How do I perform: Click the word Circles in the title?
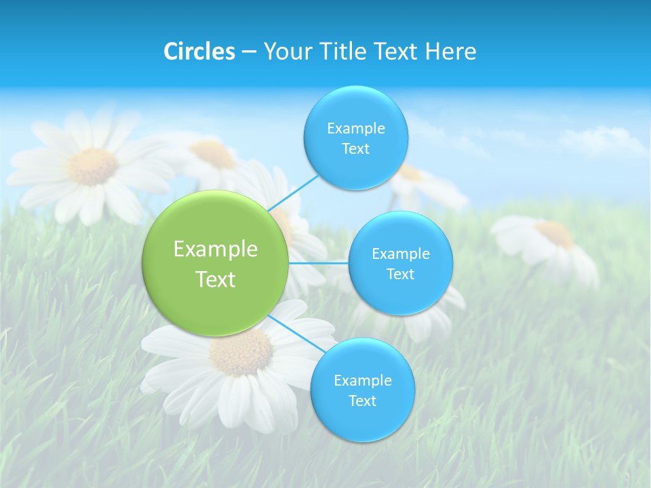pos(199,52)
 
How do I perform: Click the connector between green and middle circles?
pos(319,263)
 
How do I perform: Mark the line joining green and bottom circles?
pos(293,333)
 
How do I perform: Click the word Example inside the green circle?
pos(216,249)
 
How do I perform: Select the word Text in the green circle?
pos(216,279)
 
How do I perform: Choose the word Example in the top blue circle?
pos(355,129)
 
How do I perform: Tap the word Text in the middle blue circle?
pos(400,274)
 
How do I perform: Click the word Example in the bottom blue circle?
pos(362,381)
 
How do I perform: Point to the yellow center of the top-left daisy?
pos(93,166)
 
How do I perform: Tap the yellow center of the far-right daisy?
pos(556,234)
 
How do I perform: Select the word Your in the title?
pos(285,52)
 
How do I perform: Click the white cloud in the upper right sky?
pos(604,140)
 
